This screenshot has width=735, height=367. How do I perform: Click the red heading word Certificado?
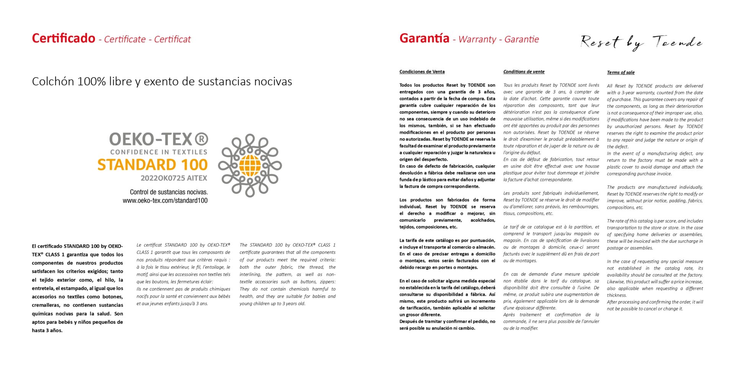[64, 38]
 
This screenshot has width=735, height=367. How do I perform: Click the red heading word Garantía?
[424, 38]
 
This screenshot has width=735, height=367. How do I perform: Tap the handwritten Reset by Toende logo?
[642, 42]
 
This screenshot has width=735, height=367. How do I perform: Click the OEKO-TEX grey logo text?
[151, 139]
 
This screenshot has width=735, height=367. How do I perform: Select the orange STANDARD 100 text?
[152, 165]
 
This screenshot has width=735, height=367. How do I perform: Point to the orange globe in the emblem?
[250, 165]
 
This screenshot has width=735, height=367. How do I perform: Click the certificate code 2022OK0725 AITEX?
[174, 178]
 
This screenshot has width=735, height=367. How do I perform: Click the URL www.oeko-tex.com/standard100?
[165, 200]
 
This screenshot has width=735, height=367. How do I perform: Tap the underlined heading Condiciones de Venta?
[422, 71]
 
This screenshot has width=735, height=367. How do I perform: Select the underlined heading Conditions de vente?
[524, 71]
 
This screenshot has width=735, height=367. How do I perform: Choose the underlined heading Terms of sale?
[621, 72]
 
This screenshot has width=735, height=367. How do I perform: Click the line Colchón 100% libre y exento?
[162, 81]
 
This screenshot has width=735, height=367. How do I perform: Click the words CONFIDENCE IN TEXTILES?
[158, 152]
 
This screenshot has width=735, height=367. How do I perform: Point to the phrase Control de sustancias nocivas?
[169, 192]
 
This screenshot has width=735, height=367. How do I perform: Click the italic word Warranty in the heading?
[477, 39]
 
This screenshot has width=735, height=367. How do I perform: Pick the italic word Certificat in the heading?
[172, 39]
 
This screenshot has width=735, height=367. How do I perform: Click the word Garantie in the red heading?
[521, 39]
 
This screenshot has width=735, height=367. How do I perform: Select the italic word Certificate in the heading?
[125, 39]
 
